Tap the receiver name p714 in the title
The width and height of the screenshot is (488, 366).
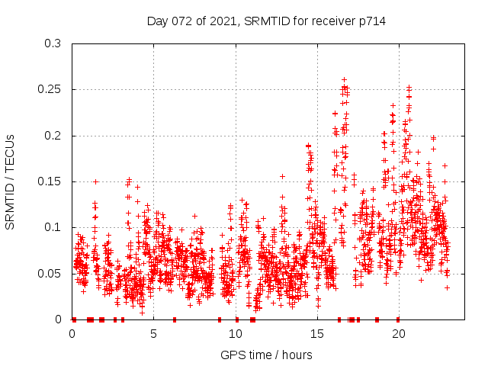pos(371,21)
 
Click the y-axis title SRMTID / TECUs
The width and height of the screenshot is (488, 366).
pos(10,181)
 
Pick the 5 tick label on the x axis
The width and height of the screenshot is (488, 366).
pos(153,334)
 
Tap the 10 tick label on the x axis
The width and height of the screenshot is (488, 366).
pos(235,334)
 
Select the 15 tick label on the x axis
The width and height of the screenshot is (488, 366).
pos(316,334)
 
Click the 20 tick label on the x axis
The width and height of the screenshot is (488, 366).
pos(398,334)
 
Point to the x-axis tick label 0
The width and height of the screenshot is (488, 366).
pos(72,334)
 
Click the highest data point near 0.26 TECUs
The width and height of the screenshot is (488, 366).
pos(344,79)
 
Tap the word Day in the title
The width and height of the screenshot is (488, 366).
pos(157,21)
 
